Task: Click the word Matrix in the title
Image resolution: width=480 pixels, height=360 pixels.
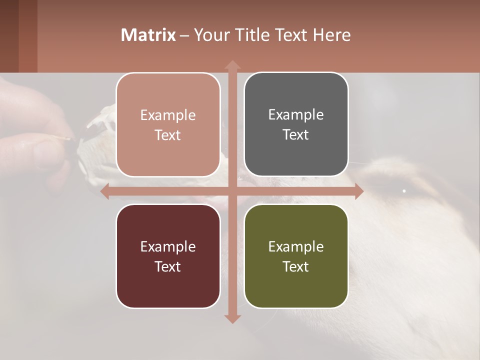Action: point(148,35)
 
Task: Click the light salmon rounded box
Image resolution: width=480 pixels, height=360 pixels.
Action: point(168,125)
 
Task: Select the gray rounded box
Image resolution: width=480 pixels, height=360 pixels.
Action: point(296,125)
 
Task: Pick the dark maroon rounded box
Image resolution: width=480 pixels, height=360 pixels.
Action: point(168,256)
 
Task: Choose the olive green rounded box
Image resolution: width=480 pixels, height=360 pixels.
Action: point(296,256)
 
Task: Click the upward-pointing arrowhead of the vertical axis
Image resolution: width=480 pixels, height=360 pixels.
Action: point(232,65)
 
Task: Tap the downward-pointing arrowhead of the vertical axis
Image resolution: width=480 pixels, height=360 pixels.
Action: point(232,318)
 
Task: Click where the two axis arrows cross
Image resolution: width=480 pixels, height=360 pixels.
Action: point(232,191)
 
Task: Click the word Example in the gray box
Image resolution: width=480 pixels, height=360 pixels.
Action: point(296,115)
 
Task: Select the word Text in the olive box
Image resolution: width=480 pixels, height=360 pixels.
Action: point(296,266)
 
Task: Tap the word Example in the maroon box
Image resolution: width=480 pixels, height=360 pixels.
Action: point(168,246)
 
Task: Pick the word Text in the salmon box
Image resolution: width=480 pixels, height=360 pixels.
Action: point(168,135)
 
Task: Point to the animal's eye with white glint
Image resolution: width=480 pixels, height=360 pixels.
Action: point(404,190)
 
